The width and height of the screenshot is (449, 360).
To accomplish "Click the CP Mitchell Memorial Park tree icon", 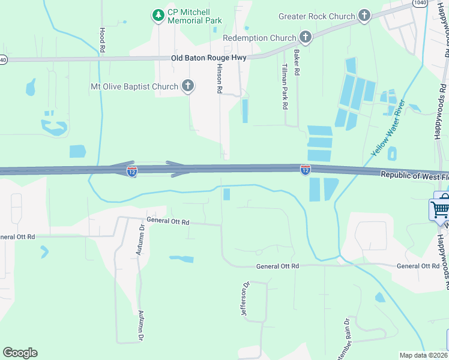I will point(158,14).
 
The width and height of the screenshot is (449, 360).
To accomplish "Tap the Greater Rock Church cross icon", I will point(364,16).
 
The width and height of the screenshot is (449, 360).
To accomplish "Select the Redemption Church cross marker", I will point(305,38).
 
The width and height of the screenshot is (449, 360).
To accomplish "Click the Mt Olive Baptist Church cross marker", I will point(187,86).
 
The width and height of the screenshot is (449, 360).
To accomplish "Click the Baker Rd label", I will point(297,62).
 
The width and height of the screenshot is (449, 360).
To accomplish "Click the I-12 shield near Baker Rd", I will point(306,170).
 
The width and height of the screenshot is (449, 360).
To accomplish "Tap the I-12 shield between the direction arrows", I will point(132,172).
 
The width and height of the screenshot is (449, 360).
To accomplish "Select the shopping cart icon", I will point(439,209).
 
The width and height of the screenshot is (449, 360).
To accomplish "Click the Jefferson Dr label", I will point(246,300).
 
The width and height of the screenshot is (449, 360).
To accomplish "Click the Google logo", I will point(20,353).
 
